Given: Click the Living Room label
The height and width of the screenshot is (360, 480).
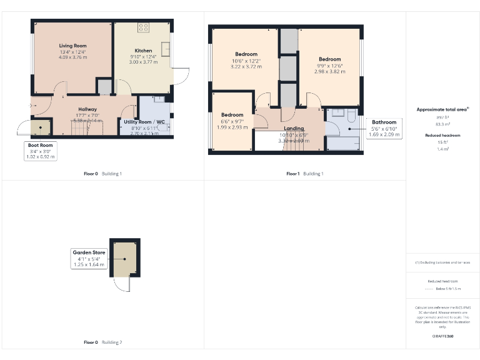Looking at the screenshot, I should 72,46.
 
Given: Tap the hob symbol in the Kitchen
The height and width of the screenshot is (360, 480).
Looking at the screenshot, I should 143,27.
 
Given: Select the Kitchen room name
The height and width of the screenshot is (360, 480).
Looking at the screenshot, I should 143,51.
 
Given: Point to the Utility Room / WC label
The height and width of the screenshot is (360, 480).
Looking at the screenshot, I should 144,122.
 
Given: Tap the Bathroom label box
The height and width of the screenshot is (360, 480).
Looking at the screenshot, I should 384,128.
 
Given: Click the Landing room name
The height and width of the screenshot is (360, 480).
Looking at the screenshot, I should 293,129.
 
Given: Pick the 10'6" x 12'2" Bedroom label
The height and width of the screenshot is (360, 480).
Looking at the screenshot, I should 246,54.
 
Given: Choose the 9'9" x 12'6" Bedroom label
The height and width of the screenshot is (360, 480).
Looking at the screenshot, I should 329,59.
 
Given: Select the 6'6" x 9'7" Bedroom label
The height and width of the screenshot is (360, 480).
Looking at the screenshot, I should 232,115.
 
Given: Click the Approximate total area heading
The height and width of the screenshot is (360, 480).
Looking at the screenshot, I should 442,109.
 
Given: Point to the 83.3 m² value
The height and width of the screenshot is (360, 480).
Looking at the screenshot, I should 442,124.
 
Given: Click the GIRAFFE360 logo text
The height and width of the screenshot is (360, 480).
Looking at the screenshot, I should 442,336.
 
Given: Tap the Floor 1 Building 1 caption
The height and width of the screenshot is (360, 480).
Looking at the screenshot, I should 304,173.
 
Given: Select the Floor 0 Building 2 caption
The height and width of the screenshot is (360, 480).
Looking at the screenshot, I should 102,342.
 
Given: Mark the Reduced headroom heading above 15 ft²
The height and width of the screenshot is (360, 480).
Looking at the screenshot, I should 442,135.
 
